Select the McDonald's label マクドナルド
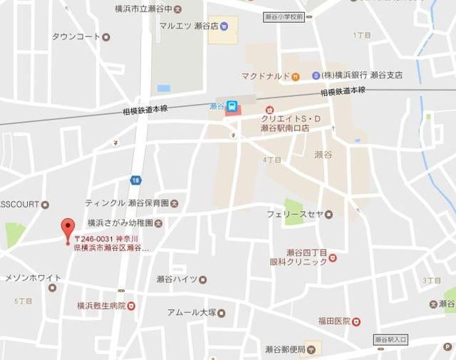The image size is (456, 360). [x=265, y=76]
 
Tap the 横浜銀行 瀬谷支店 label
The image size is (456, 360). [x=361, y=75]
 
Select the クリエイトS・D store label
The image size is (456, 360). [x=285, y=123]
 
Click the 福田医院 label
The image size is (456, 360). [x=334, y=322]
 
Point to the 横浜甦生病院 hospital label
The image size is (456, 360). [x=101, y=305]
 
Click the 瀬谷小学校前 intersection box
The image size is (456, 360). [x=284, y=15]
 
